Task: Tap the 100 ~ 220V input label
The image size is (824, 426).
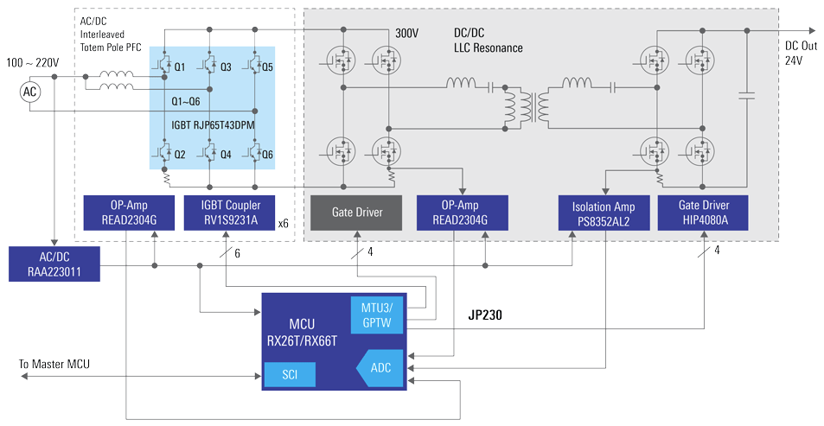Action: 33,64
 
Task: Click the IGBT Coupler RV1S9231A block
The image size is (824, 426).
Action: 228,213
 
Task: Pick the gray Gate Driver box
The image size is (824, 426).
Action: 357,212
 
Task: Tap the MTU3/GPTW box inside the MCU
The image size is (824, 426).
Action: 376,315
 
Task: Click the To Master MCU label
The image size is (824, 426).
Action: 54,364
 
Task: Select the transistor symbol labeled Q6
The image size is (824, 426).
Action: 256,154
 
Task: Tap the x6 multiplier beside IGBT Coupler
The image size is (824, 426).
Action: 282,224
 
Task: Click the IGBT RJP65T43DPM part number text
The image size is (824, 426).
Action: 213,124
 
